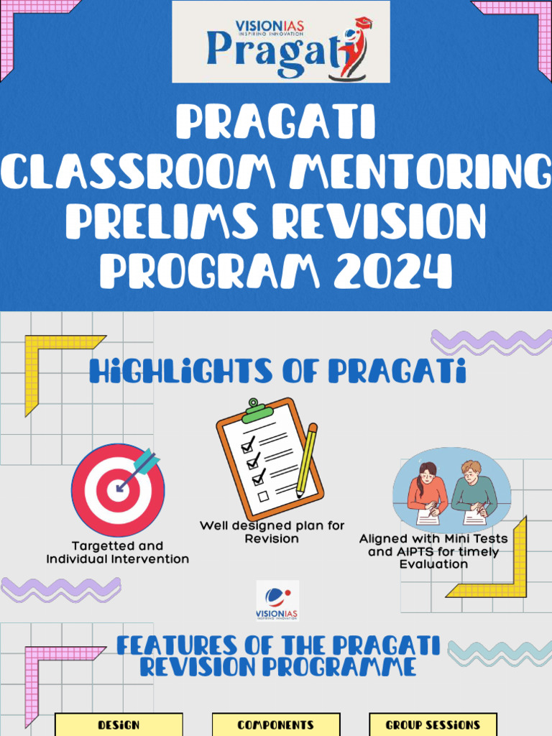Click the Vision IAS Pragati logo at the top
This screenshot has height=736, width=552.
pos(281,42)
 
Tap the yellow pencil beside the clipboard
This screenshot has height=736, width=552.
pos(308,460)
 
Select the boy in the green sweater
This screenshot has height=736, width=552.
pos(474,490)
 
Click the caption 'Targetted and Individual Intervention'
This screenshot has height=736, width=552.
pos(118,552)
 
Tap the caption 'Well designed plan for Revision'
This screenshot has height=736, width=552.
pos(272,532)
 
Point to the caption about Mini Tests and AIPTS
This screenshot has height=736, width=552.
pos(433,551)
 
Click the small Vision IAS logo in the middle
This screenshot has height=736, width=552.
pos(277,601)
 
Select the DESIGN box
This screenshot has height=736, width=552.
pos(119,724)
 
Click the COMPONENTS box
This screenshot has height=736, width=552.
pos(276,724)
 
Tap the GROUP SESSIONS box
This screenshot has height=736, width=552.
pos(433,724)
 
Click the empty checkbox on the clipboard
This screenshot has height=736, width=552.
pos(263,496)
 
